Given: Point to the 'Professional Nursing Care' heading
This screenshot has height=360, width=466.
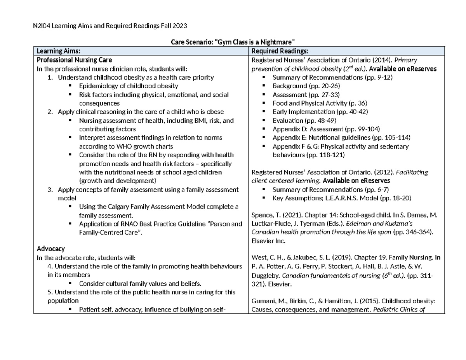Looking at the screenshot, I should click(x=74, y=60).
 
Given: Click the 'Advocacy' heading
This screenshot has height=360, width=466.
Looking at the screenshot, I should click(x=50, y=249).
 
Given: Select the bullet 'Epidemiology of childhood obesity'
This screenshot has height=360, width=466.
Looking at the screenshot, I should click(x=128, y=86).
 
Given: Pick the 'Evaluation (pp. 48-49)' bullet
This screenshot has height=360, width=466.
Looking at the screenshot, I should click(x=304, y=120).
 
